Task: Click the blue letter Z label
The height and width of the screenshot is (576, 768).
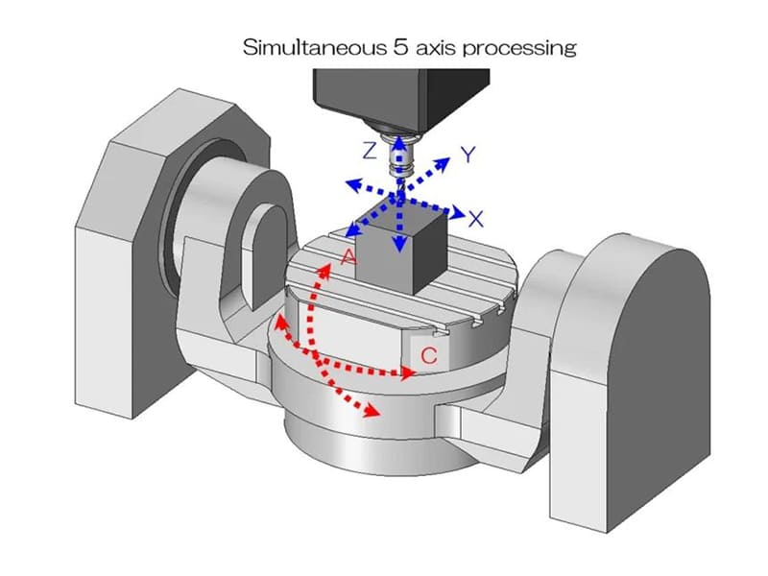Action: (370, 151)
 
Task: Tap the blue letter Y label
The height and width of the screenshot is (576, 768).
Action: (468, 156)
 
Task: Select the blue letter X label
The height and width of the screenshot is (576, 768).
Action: (475, 219)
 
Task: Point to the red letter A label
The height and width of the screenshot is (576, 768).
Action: (348, 256)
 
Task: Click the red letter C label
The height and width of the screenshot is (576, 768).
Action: (429, 355)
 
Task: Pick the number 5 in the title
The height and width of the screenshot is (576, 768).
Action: (399, 48)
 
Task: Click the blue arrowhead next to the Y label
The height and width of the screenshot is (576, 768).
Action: (443, 164)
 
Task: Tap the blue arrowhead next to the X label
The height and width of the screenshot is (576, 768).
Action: (458, 212)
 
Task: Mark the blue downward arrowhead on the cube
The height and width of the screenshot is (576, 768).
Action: (400, 245)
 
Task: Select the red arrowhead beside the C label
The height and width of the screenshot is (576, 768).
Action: (407, 373)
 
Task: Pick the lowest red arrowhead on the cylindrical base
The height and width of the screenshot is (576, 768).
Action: (372, 411)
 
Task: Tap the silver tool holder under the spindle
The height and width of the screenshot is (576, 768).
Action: (399, 156)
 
